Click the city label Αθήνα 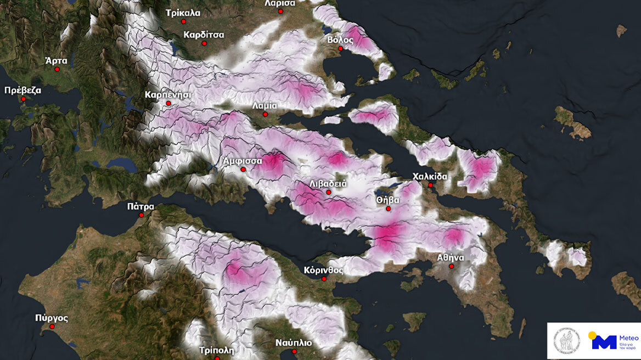[x=451, y=257]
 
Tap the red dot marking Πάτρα [x=142, y=215]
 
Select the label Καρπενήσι [x=168, y=94]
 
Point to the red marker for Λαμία [x=265, y=114]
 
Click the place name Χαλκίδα [x=430, y=177]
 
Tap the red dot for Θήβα [x=389, y=209]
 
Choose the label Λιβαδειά [x=328, y=183]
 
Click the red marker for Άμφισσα [x=244, y=170]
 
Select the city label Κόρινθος [x=324, y=270]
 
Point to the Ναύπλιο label [x=294, y=342]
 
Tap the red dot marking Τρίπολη [x=217, y=358]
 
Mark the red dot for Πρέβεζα [x=23, y=99]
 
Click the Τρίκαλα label [x=183, y=13]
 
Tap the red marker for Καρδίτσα [x=204, y=43]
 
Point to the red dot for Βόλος [x=341, y=49]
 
